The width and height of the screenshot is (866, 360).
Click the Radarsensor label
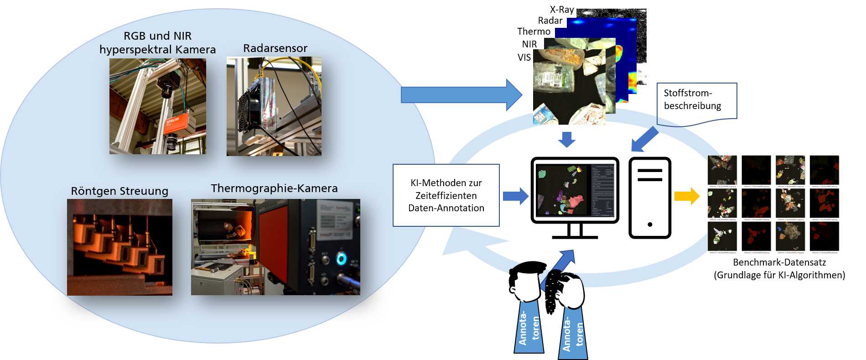coord(275,48)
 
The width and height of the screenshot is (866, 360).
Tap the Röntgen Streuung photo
coord(119,247)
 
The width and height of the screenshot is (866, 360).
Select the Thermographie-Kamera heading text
coord(274,188)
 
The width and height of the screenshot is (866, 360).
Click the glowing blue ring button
coord(341,259)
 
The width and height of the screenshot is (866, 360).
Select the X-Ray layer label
coord(561,10)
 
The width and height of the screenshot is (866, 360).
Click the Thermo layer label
coord(534,31)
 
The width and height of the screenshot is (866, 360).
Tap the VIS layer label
coord(524,57)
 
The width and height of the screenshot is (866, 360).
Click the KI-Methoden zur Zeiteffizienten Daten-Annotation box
coord(446,195)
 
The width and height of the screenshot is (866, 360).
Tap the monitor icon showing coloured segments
coord(575,192)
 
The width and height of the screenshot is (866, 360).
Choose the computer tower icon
coord(650,197)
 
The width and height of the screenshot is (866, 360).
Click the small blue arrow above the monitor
coord(567,139)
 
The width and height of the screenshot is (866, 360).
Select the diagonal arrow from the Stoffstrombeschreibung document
coord(644,139)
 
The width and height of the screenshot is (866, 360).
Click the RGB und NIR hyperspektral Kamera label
coord(157,42)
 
